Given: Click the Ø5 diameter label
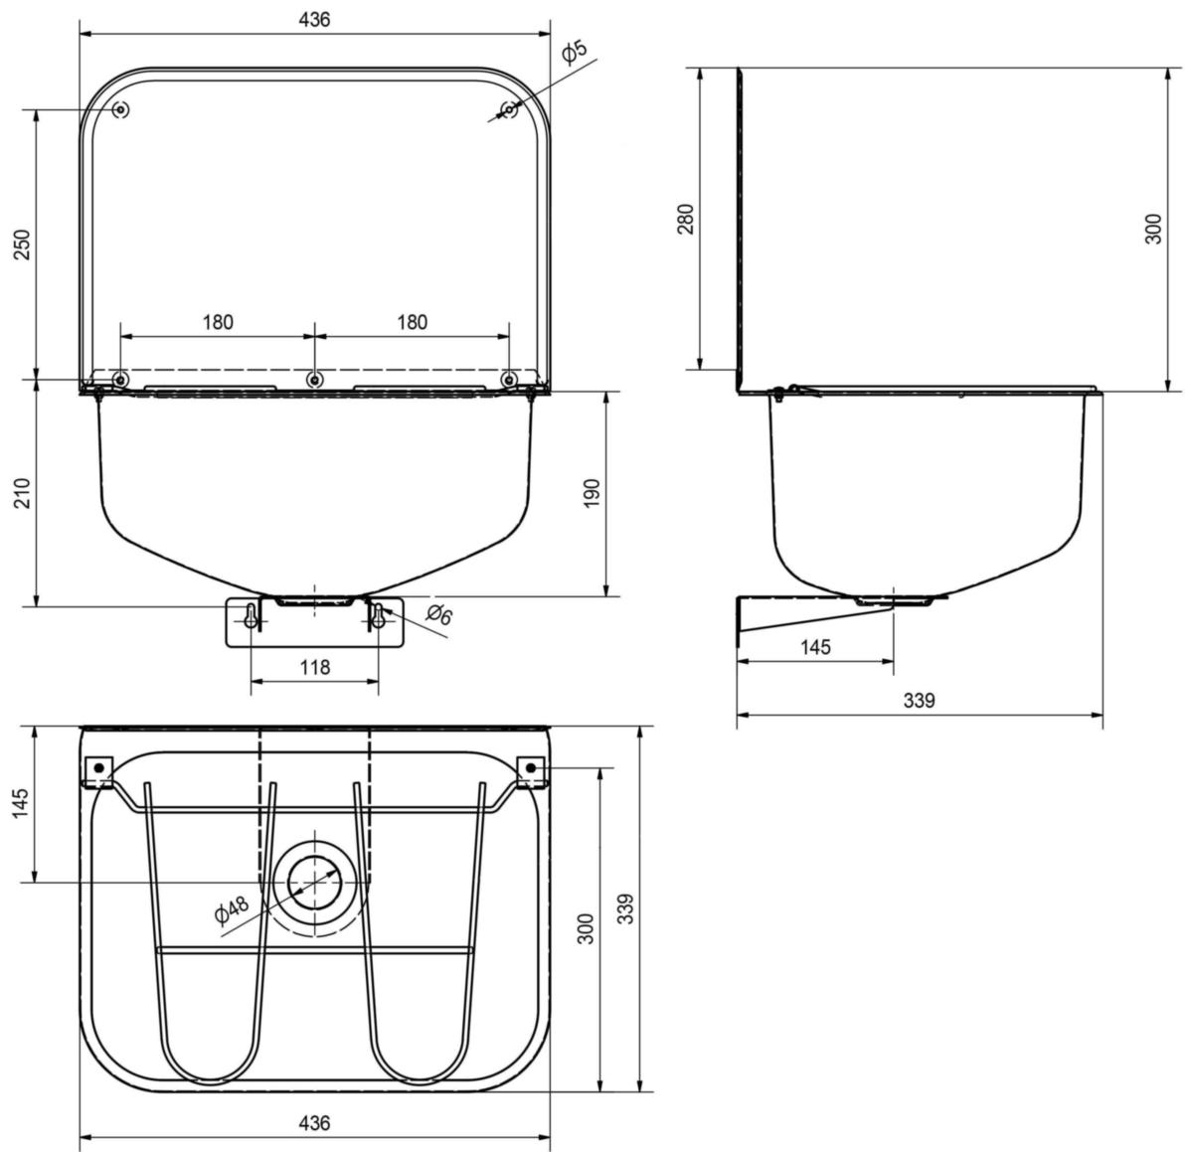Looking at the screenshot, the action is [x=574, y=52].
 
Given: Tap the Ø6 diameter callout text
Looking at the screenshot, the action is [x=439, y=613].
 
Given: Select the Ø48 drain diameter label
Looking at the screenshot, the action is [x=231, y=909].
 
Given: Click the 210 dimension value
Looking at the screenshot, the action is [x=22, y=493].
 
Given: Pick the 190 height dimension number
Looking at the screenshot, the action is [x=592, y=493].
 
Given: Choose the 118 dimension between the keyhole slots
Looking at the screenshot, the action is [x=314, y=667].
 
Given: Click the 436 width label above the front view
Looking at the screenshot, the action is [x=314, y=20].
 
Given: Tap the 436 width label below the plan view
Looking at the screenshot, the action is [x=314, y=1123].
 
